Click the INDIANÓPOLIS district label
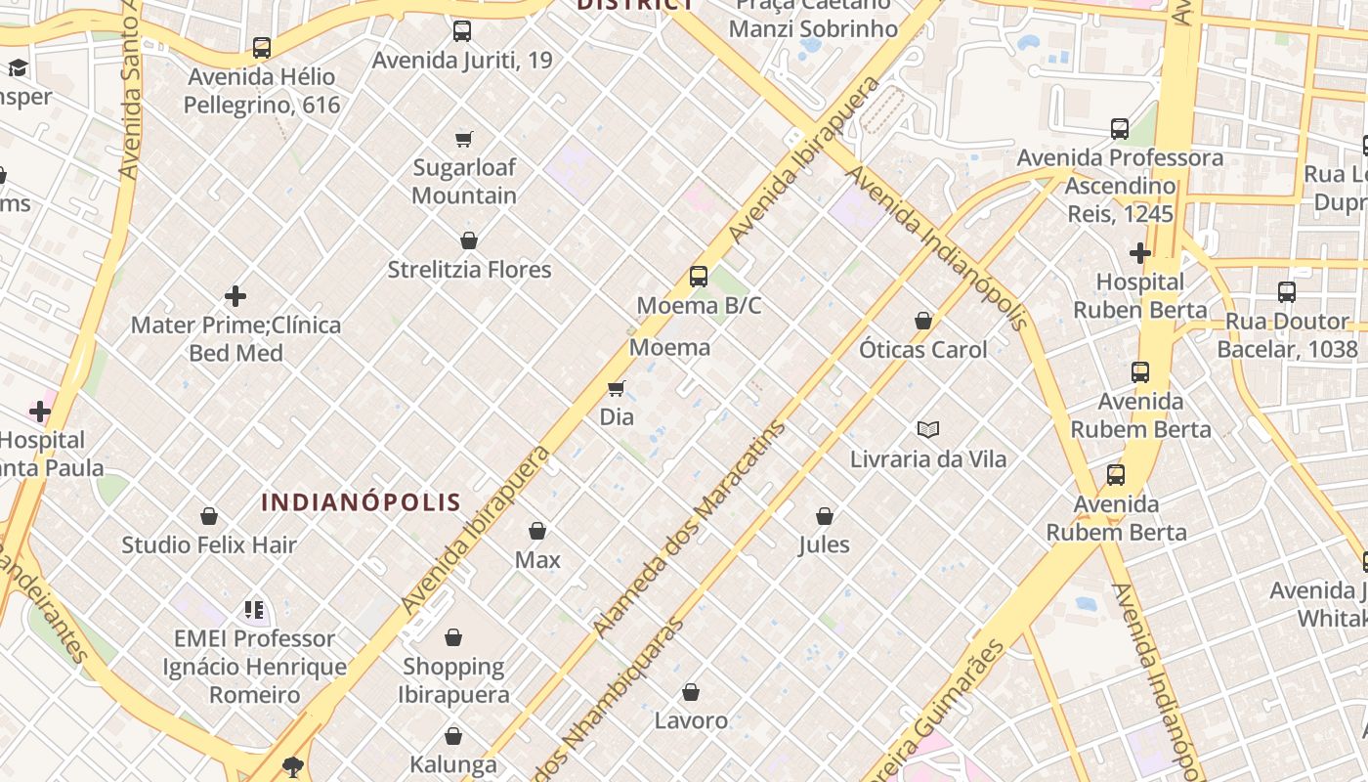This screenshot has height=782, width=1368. [361, 502]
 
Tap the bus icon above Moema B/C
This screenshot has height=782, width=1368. [698, 277]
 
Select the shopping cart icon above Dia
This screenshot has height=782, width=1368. [616, 389]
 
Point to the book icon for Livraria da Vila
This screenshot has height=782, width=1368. [927, 429]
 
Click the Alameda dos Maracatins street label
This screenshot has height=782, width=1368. [690, 529]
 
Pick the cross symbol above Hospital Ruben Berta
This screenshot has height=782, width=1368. [1139, 254]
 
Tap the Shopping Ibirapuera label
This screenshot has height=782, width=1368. [453, 680]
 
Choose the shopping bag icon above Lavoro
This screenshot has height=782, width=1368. [691, 693]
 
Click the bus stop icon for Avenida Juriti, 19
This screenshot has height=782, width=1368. [462, 31]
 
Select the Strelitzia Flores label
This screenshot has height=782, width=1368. [469, 270]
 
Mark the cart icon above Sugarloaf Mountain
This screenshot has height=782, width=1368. [464, 140]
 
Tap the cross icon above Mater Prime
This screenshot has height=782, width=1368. [235, 296]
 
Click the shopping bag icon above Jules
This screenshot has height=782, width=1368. [825, 516]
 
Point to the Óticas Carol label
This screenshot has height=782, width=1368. [922, 349]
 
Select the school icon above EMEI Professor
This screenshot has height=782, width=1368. [254, 611]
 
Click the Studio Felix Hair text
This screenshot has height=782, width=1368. [208, 544]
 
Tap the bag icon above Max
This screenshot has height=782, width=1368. [536, 531]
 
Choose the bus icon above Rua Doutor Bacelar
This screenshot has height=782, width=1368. [1287, 292]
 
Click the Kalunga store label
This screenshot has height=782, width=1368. [453, 764]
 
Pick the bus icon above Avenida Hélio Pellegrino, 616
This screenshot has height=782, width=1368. [261, 48]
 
